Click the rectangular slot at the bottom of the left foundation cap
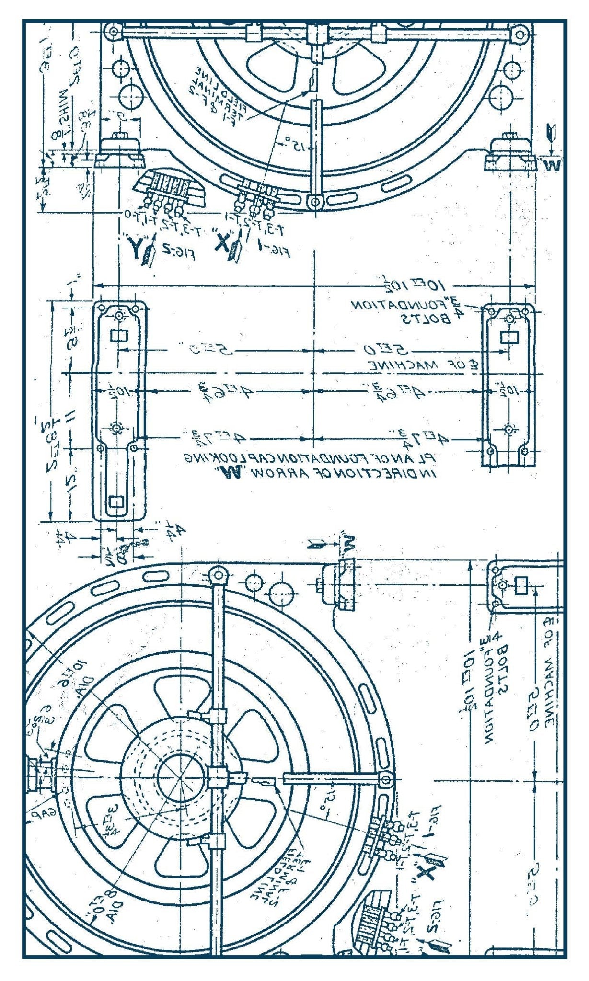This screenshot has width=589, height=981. (x=116, y=502)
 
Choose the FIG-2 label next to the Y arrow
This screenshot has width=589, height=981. (x=182, y=254)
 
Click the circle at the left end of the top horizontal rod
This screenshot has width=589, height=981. (x=114, y=32)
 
